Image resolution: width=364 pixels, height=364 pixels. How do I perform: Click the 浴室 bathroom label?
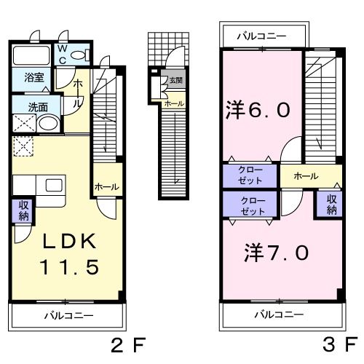(x=33, y=76)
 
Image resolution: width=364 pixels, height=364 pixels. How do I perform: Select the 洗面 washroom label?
(x=28, y=107)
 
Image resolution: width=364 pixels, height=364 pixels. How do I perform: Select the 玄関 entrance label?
(x=176, y=79)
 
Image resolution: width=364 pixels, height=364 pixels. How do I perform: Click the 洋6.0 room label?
(x=258, y=111)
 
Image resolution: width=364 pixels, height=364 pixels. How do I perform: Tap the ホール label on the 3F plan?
(x=306, y=175)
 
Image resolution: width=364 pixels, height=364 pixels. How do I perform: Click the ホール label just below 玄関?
(x=173, y=103)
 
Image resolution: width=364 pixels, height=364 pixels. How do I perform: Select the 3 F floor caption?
(x=340, y=345)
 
